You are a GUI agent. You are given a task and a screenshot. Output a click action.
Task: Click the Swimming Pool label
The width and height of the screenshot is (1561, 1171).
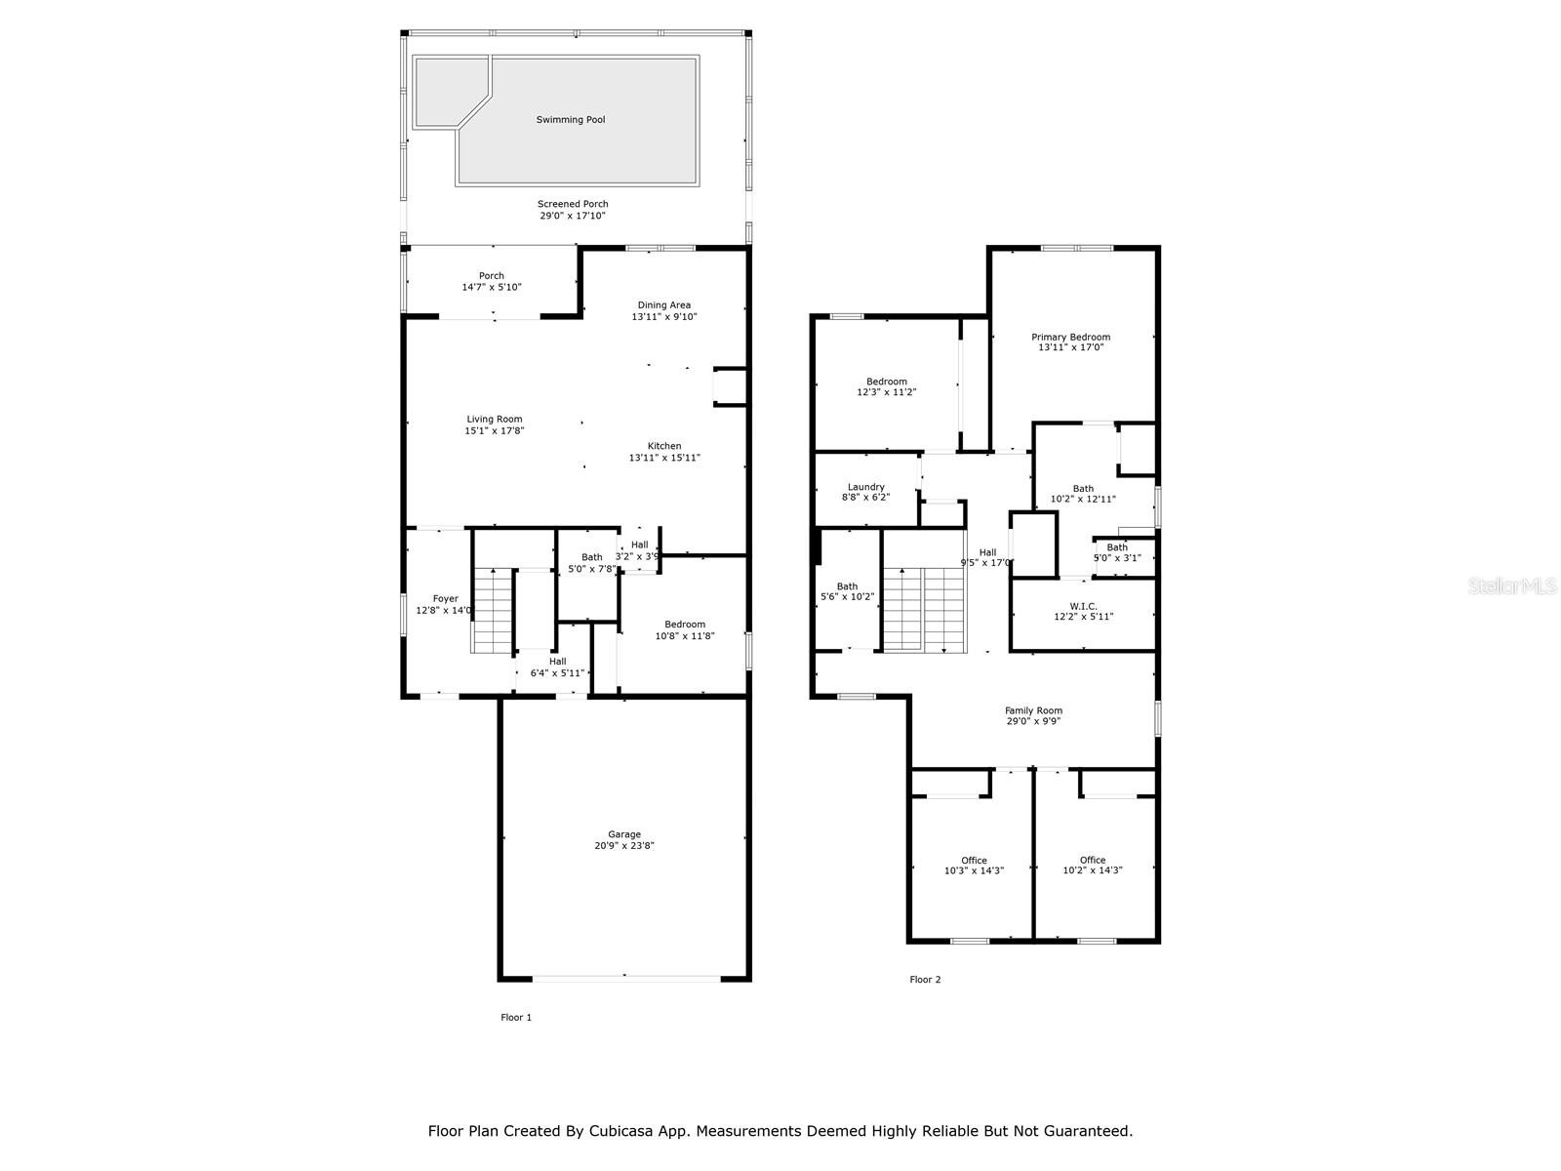click(571, 119)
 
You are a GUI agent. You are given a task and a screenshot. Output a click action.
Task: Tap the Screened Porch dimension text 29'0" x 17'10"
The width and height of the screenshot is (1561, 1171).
click(573, 216)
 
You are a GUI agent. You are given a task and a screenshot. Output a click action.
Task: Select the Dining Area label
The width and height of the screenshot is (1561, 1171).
click(663, 305)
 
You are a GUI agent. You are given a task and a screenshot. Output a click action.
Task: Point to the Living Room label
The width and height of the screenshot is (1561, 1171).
click(495, 419)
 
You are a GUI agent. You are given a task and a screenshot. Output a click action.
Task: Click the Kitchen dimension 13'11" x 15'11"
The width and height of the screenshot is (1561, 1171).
click(664, 458)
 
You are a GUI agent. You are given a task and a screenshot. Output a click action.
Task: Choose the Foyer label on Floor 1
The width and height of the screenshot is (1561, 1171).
click(446, 598)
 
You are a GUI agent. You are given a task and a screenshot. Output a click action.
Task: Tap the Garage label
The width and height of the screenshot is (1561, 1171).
click(624, 834)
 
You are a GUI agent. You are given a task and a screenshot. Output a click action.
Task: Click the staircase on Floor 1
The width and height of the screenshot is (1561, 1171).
click(492, 611)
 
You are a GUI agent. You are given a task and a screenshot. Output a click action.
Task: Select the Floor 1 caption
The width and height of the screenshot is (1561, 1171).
click(515, 1018)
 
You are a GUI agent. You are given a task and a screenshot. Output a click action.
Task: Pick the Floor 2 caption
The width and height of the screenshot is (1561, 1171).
click(925, 980)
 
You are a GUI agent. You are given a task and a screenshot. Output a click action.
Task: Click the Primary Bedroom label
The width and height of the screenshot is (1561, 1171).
click(1070, 337)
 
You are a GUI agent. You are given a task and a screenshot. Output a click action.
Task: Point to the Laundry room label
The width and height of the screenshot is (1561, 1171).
click(865, 487)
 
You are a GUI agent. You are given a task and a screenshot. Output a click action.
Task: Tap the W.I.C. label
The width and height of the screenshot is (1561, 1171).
click(1082, 606)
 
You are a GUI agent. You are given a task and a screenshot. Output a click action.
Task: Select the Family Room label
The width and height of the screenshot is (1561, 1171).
click(1033, 710)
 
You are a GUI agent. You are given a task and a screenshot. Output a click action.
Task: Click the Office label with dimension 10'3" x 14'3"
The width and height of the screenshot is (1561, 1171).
click(974, 861)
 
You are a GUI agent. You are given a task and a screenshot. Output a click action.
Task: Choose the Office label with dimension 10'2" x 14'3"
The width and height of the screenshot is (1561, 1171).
click(1093, 860)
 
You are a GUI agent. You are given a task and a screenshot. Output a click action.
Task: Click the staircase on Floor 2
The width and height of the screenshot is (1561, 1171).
click(924, 609)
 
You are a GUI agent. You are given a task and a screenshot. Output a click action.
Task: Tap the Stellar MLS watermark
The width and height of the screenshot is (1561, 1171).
click(1512, 585)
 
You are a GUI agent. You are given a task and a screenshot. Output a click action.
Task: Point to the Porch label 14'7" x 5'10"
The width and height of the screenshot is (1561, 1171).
click(492, 276)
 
